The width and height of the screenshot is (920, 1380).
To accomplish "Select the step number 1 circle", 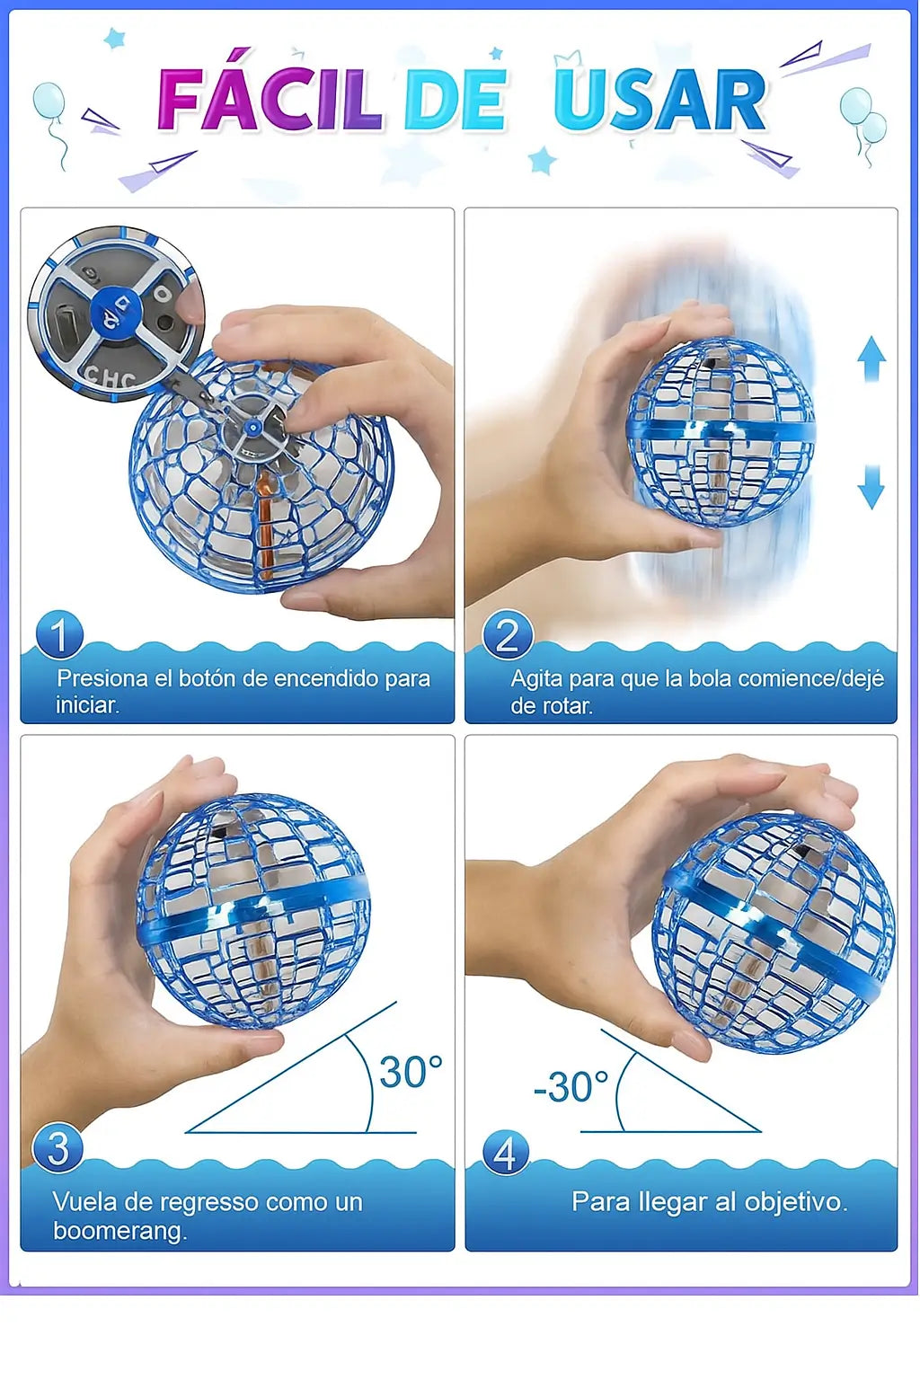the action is click(x=60, y=633).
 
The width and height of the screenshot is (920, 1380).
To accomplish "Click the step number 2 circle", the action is click(x=507, y=634).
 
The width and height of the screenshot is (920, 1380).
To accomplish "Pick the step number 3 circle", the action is click(x=57, y=1147).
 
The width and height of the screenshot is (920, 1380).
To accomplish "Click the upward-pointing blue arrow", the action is click(x=871, y=358).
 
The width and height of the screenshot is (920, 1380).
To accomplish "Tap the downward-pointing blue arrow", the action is click(x=871, y=487).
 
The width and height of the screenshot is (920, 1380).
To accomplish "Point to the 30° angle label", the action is click(x=411, y=1072).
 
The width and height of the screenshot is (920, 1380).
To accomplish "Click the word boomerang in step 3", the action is click(x=120, y=1232).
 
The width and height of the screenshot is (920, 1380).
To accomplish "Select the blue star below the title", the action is click(x=543, y=160).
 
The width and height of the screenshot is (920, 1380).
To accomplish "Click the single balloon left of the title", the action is click(x=49, y=101).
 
